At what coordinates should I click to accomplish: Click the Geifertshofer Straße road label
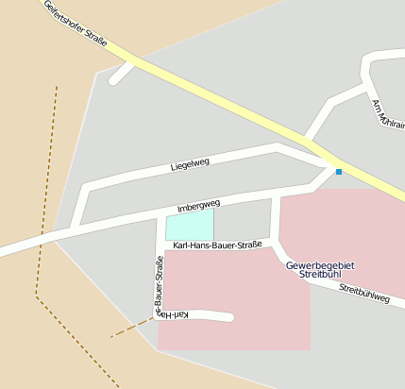coord(76,25)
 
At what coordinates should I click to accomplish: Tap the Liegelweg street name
coord(190,164)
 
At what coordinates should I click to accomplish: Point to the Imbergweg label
coord(198,205)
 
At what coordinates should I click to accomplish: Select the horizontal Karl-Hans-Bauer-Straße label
coord(217,245)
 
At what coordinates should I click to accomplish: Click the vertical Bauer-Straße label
coord(159,283)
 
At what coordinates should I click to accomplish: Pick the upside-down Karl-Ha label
coord(179,313)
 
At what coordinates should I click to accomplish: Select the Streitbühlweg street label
coord(364,294)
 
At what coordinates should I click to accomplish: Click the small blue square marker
coord(338,171)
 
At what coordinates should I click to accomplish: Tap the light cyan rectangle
coord(189,225)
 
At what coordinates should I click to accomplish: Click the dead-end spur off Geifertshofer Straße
coord(121,74)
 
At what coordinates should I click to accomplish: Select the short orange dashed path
coord(130,329)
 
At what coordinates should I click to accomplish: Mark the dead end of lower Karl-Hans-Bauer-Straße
coord(229,317)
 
